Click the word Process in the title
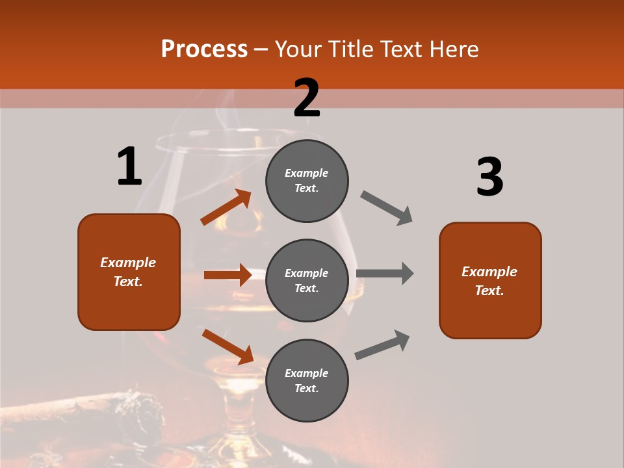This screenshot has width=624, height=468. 204,49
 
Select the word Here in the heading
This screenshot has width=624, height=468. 450,49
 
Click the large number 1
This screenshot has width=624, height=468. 129,167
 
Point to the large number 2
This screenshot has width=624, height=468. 307,98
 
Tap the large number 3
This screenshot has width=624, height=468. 489,177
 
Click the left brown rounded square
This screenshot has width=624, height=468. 129,272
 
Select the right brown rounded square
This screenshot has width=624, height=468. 490,281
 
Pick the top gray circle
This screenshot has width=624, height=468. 307,181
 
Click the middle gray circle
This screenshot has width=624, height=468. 307,281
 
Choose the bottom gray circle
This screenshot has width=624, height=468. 307,381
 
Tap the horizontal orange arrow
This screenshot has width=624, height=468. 227,275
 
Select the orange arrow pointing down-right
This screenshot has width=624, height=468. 227,346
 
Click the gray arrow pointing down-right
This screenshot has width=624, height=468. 387,208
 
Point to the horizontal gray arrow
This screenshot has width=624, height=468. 385,274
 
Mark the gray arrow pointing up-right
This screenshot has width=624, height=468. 382,344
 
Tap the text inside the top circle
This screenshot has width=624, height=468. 307,181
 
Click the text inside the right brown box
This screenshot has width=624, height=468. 490,281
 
